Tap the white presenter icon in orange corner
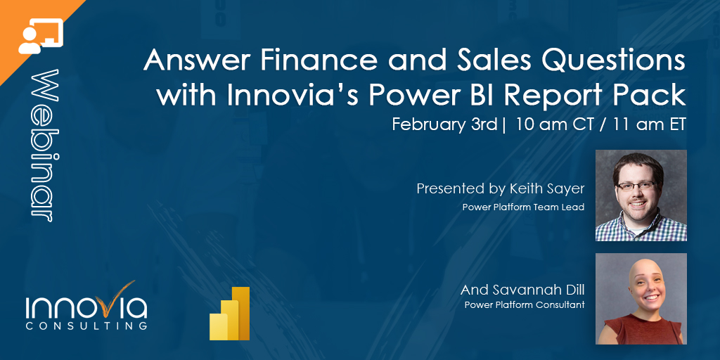(39, 35)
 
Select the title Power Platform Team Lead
(523, 207)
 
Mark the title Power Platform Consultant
(525, 305)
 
